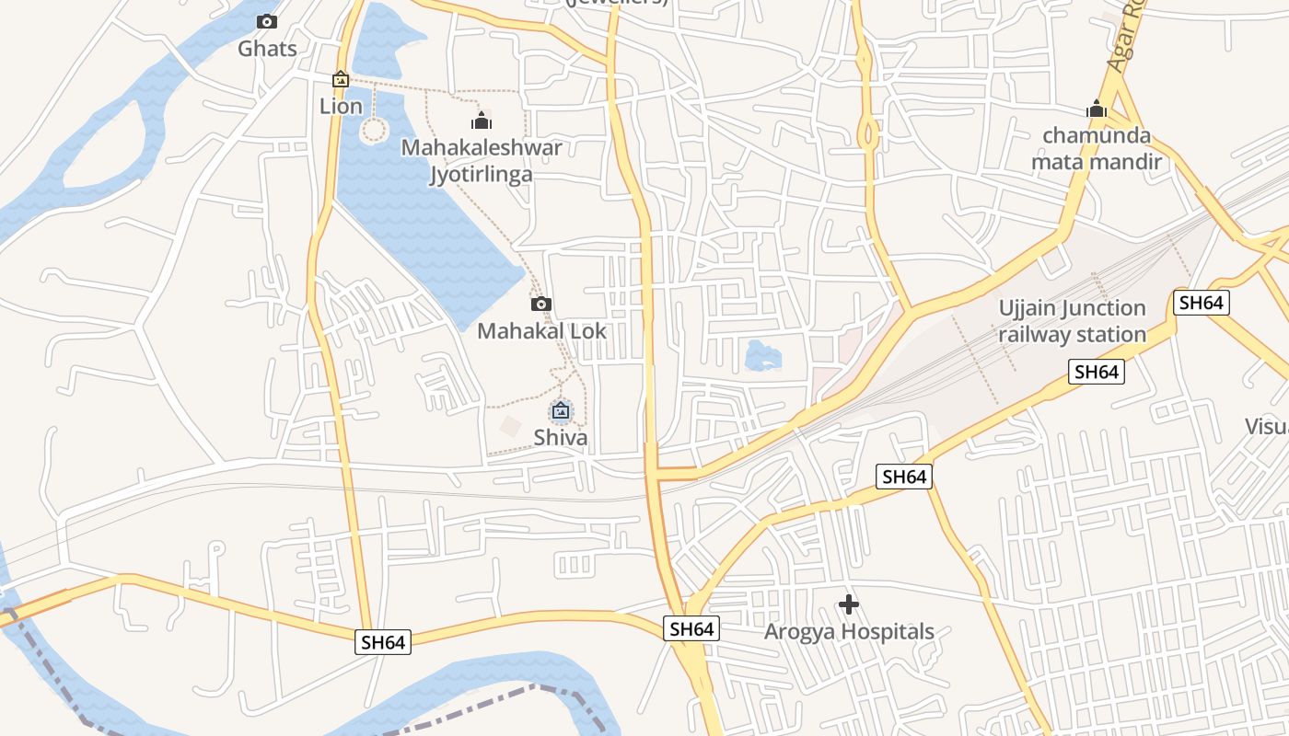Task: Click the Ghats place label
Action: click(267, 48)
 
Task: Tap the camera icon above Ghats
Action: click(267, 21)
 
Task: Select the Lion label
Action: click(341, 106)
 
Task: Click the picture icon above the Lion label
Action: click(341, 80)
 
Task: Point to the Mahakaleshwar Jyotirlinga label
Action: click(481, 160)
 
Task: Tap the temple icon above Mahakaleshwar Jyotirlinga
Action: click(481, 121)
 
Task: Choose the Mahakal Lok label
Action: click(541, 330)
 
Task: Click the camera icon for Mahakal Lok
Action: click(541, 304)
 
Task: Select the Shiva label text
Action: click(560, 436)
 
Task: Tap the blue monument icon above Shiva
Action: click(560, 410)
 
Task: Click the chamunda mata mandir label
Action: click(1096, 149)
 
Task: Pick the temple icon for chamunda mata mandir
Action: click(1096, 109)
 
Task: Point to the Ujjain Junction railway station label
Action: click(1073, 321)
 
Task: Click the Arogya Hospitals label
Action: click(849, 632)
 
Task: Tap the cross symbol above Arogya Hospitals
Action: click(849, 604)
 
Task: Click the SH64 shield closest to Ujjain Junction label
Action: click(1202, 302)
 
